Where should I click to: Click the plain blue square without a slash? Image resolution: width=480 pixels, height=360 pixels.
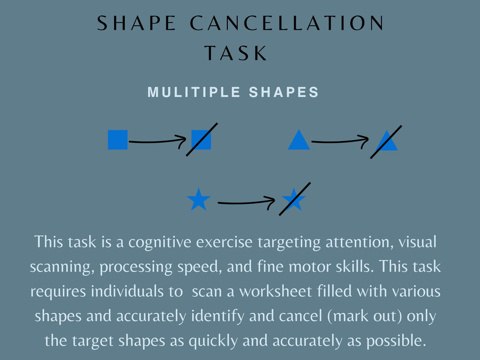(118, 140)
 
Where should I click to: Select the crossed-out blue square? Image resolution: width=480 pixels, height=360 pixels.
(201, 140)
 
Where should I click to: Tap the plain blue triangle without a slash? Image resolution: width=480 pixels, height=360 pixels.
(299, 140)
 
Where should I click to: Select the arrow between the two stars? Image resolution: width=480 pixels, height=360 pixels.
(246, 202)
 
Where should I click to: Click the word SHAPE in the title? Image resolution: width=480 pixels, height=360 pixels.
(137, 24)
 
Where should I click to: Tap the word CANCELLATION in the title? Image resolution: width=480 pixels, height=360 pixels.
(287, 24)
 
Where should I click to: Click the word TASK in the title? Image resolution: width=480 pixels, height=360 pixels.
(236, 53)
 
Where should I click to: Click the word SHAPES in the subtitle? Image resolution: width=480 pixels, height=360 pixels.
(284, 92)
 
